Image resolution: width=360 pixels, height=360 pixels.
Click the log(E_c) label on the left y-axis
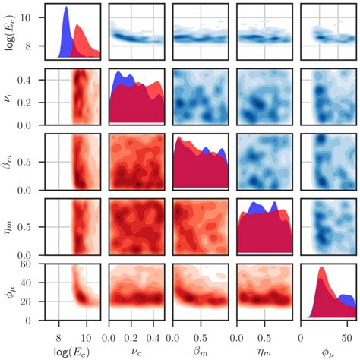pyautogui.click(x=10, y=33)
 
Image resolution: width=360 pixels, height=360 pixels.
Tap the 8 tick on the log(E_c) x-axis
pyautogui.click(x=58, y=333)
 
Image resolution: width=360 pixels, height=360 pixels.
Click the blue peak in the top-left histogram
pyautogui.click(x=66, y=8)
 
